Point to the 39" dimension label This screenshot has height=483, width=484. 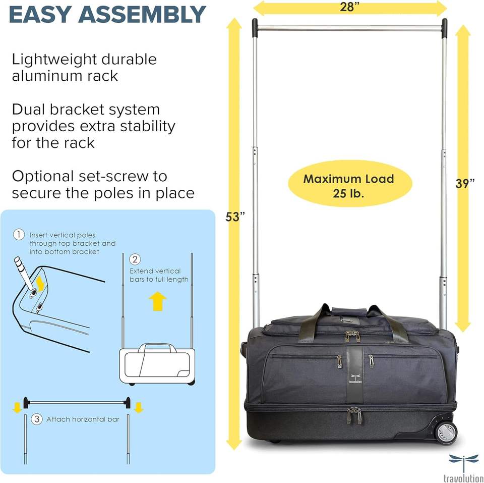(x=465, y=184)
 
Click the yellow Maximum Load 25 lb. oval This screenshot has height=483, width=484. (x=349, y=185)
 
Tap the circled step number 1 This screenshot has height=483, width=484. (x=19, y=235)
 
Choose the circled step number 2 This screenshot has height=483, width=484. (x=135, y=260)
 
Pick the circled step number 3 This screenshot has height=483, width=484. (x=36, y=419)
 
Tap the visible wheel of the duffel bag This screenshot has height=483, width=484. (x=446, y=433)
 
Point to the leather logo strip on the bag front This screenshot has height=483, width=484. (x=353, y=373)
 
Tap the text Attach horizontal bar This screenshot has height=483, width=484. (x=83, y=419)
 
